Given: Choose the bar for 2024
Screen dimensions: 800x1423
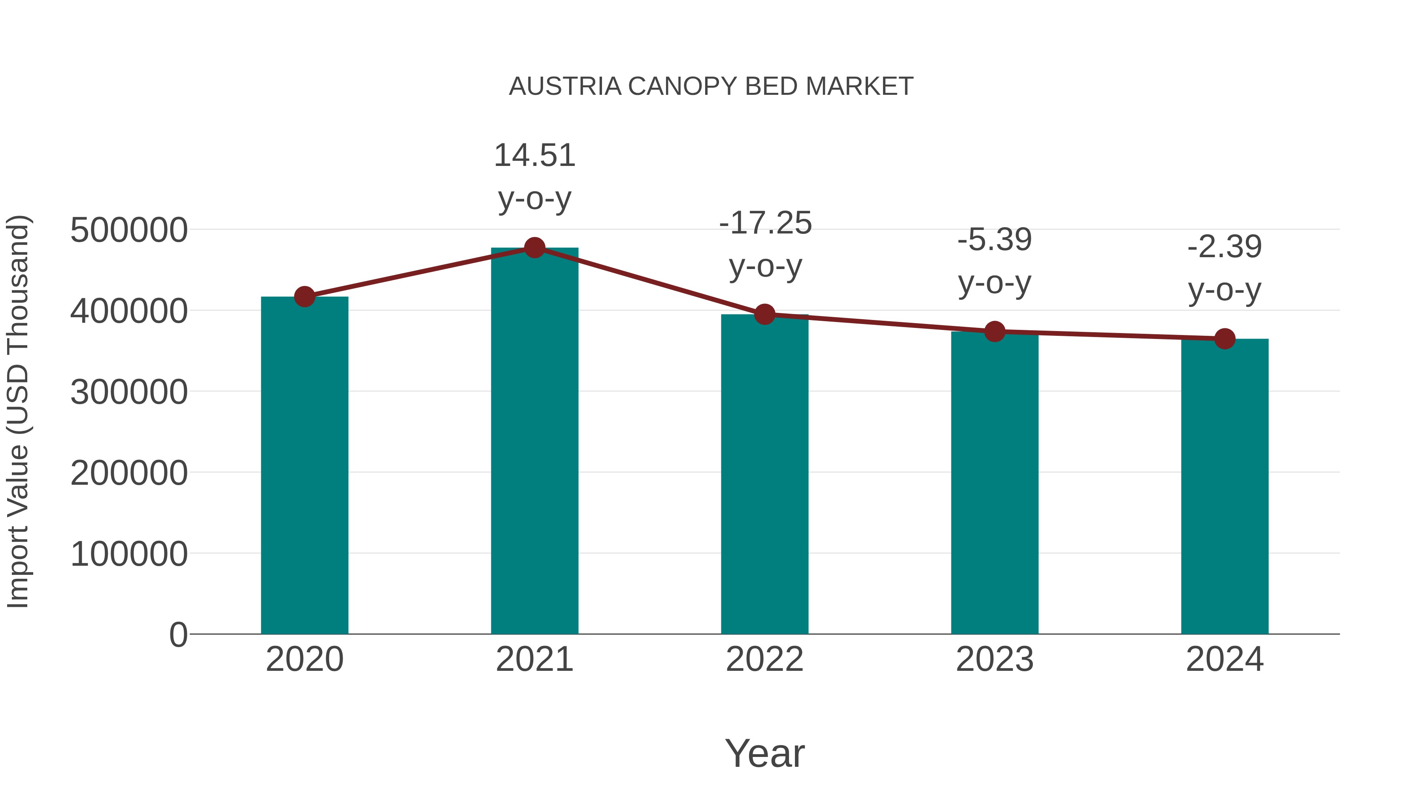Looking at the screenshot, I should [x=1225, y=486].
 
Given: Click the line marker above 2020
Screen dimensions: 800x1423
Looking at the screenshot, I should [x=304, y=296].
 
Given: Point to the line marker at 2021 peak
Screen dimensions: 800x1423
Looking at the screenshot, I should [x=534, y=248].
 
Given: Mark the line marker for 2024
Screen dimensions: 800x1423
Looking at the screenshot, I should [x=1225, y=339].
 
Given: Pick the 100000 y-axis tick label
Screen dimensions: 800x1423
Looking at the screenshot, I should [x=129, y=554].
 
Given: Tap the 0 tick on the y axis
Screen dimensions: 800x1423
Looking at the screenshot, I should [x=178, y=634].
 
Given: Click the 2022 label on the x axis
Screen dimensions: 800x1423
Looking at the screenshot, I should [x=764, y=659].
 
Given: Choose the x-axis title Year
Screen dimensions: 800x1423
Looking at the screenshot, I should [x=764, y=753].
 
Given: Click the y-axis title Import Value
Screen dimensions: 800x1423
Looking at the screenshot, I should [x=18, y=411].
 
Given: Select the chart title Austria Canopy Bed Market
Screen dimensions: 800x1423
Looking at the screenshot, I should [x=711, y=87].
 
